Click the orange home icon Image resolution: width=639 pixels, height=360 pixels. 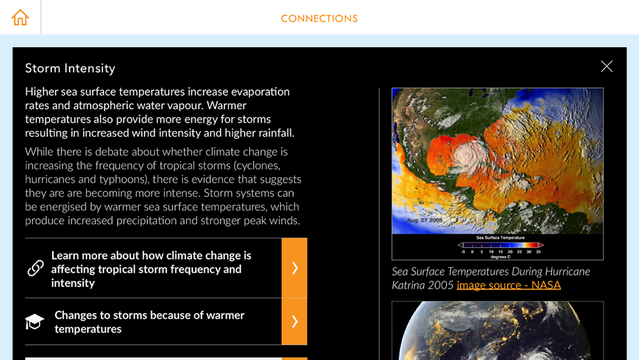tap(20, 17)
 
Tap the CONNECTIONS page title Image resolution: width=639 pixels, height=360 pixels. tap(319, 19)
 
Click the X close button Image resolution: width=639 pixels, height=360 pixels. tap(606, 66)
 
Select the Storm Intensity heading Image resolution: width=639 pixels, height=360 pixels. tap(70, 68)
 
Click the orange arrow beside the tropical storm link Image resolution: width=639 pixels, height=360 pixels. tap(294, 268)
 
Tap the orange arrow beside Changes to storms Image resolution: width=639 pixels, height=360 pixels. tap(294, 321)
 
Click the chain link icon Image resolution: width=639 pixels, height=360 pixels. tap(35, 269)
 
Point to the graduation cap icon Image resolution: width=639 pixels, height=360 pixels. tap(35, 321)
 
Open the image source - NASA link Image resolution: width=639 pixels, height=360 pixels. tap(509, 285)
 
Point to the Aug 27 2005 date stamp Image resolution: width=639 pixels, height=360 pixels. tap(424, 220)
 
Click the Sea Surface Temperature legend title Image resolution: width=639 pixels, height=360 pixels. tap(500, 238)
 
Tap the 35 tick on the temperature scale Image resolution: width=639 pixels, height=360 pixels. tap(538, 252)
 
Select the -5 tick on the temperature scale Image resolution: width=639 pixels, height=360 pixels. tap(463, 252)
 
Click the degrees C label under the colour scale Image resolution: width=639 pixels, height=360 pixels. tap(500, 257)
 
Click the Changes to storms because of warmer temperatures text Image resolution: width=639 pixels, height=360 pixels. tap(150, 322)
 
